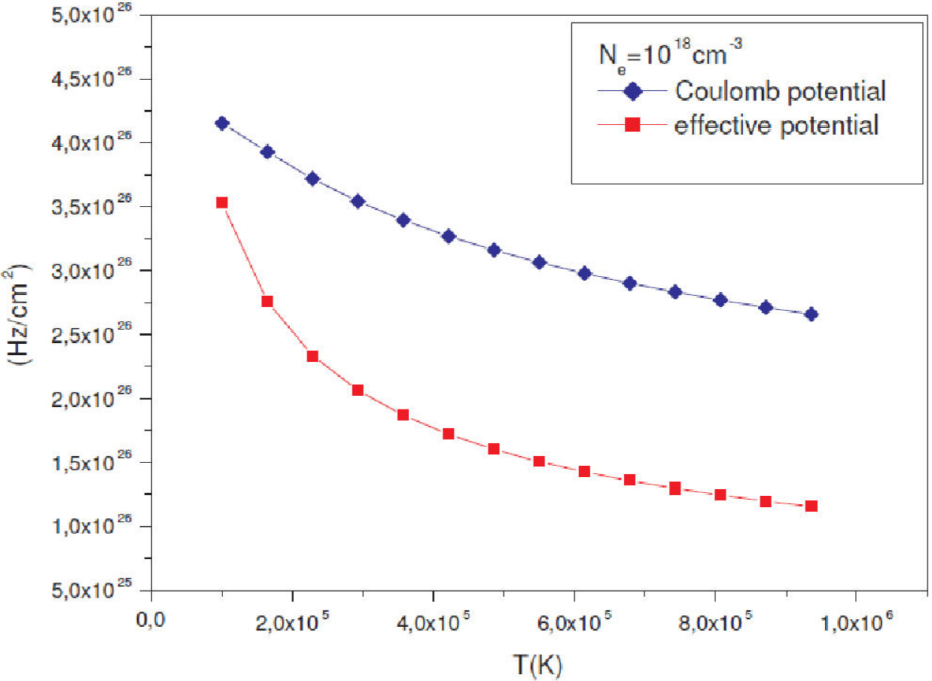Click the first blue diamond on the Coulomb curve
pos(221,123)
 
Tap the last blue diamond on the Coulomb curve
pos(811,315)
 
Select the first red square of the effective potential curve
pos(221,202)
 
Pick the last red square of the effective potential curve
pos(811,506)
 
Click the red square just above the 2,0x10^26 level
pos(358,390)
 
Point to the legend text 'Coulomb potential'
pos(779,92)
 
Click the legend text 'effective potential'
pos(776,125)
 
